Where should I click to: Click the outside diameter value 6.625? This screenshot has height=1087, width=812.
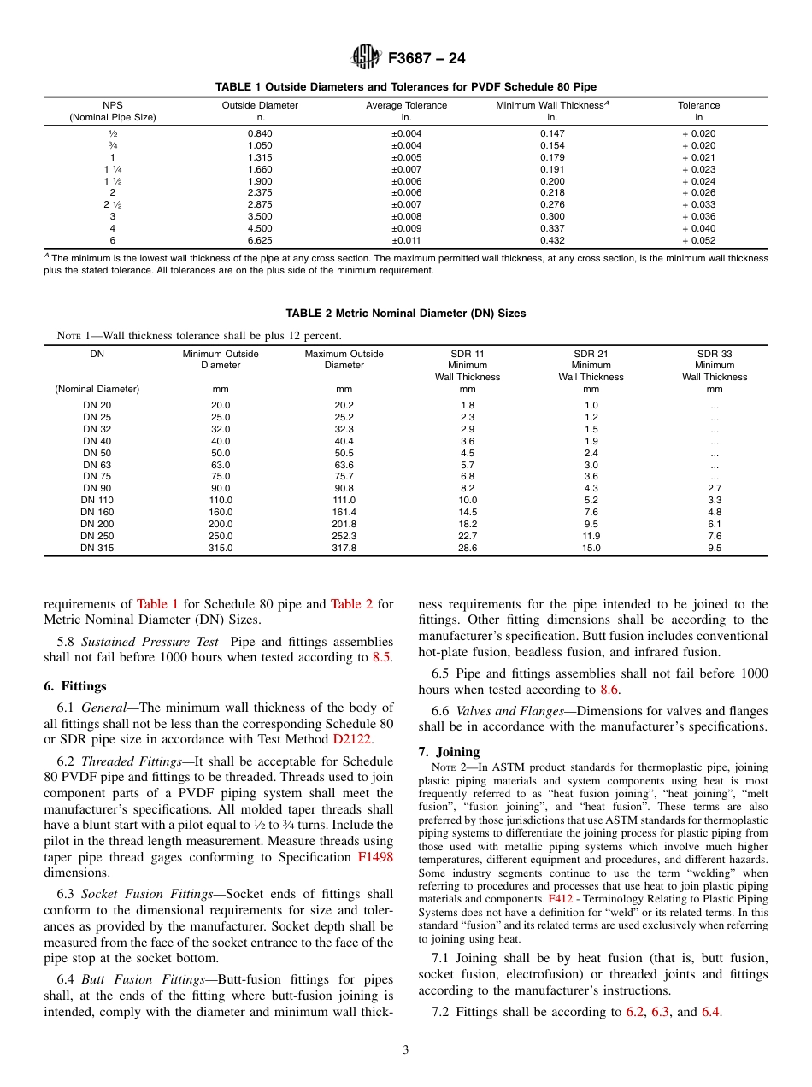(260, 241)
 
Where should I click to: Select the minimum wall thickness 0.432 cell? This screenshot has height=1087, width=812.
(552, 241)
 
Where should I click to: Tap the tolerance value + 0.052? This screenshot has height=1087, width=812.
(699, 241)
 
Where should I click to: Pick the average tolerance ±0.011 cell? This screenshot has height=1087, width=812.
(406, 241)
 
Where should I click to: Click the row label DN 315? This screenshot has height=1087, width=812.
(97, 548)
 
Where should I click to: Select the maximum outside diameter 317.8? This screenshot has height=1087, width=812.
(344, 548)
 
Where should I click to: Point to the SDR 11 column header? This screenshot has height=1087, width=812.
(468, 354)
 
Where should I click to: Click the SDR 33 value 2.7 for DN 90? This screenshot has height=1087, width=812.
(714, 488)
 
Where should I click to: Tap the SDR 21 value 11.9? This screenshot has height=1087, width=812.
(591, 536)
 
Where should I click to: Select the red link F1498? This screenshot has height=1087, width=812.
(375, 857)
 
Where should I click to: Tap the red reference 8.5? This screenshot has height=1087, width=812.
(382, 657)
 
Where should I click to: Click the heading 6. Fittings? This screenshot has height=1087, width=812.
(75, 686)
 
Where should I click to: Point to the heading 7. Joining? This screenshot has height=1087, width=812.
(449, 752)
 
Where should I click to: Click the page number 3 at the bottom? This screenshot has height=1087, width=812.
(405, 1050)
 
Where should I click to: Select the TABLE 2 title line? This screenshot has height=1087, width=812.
(405, 314)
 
